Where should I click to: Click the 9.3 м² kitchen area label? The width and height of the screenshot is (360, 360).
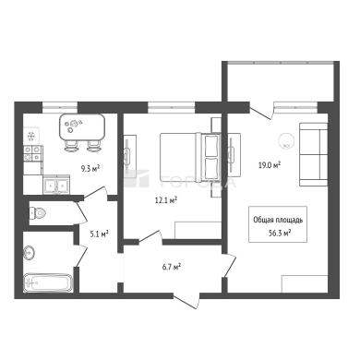click(90, 168)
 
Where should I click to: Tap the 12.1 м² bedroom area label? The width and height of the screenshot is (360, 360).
click(166, 200)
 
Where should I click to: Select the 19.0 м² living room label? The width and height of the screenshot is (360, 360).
click(269, 165)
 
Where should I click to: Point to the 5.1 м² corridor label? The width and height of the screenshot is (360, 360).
click(99, 234)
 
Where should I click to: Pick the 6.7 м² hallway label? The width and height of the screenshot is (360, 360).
click(171, 267)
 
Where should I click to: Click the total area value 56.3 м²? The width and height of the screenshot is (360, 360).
click(280, 233)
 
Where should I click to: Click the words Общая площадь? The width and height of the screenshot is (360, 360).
click(278, 220)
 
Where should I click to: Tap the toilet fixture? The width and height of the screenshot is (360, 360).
click(38, 212)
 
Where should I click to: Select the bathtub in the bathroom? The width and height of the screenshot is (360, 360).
click(48, 282)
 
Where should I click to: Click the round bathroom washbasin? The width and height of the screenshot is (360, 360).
click(30, 253)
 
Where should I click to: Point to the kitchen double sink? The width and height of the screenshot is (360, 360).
click(56, 186)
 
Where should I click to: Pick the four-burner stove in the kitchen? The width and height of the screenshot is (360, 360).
click(32, 153)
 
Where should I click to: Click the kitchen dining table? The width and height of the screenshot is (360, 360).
click(82, 126)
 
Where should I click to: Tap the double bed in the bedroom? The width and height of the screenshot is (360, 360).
click(190, 157)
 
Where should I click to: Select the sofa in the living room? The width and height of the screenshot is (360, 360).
click(313, 154)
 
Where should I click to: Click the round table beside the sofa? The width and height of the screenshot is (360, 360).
click(285, 140)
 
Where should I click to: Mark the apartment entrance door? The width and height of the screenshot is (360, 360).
click(186, 302)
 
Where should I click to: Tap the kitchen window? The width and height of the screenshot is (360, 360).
click(59, 107)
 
